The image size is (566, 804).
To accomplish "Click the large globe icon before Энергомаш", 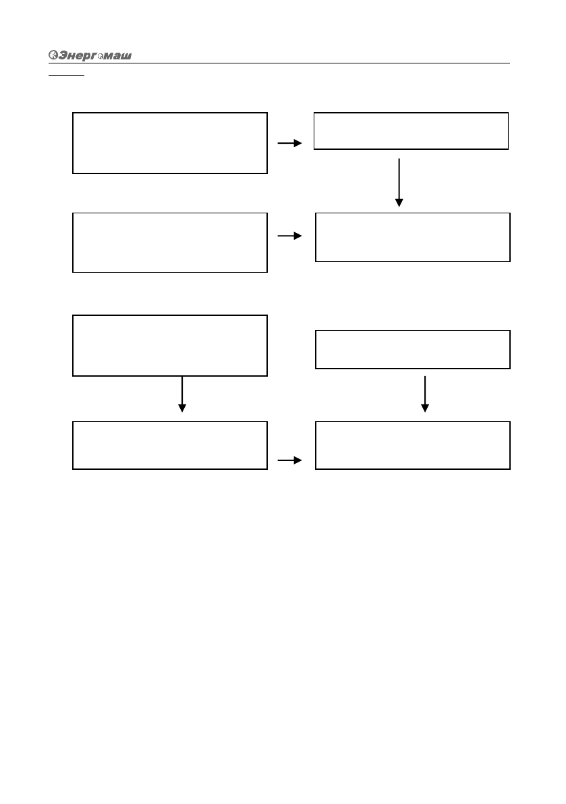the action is tap(54, 55).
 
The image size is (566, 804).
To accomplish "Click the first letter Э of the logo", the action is tap(63, 55).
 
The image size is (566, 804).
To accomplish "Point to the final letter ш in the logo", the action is tap(125, 56).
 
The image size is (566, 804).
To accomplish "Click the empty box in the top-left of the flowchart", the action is tap(169, 143).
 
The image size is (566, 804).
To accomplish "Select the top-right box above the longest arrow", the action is tap(411, 131).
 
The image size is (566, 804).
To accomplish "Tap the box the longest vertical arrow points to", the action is tap(412, 237).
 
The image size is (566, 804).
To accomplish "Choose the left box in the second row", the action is tap(169, 243).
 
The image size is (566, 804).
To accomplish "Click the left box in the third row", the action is tap(169, 345).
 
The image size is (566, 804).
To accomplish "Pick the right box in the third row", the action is tap(412, 349).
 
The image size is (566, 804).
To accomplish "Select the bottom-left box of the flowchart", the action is tap(169, 445).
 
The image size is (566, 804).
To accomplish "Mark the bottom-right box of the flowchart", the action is tap(412, 445).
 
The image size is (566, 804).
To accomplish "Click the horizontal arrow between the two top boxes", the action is tap(290, 144).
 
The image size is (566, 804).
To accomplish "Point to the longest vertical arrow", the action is tap(399, 182).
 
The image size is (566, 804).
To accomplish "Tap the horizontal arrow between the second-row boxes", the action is tap(290, 236).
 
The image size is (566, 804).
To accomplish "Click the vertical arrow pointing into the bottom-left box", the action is tap(181, 394).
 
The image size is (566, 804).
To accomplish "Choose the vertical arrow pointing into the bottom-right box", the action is tap(425, 394).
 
